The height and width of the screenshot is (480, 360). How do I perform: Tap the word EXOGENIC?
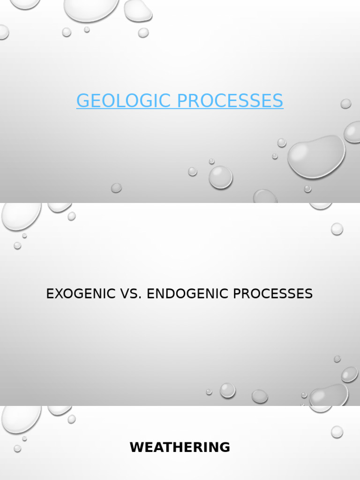click(x=79, y=294)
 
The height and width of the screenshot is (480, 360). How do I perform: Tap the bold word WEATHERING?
click(x=180, y=447)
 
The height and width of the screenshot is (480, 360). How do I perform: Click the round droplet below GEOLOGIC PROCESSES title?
click(x=220, y=177)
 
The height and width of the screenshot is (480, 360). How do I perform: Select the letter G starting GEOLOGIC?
click(x=82, y=101)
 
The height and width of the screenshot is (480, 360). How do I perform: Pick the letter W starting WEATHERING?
click(x=136, y=447)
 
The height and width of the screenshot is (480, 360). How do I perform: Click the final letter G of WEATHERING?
click(x=225, y=447)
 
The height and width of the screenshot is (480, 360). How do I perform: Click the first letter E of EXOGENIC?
click(x=50, y=294)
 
